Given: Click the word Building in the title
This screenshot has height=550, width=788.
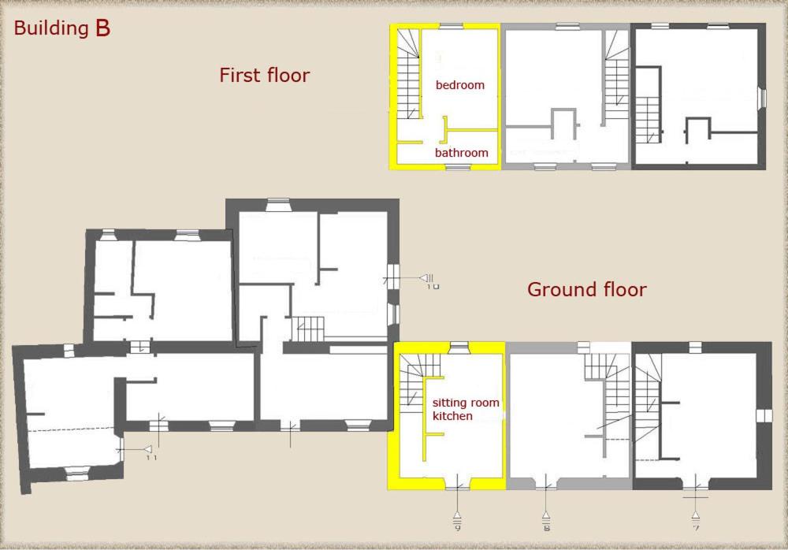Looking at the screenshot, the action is click(51, 28).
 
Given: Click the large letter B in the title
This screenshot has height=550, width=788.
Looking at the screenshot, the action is click(102, 28).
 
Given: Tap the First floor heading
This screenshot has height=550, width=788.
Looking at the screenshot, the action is click(264, 75).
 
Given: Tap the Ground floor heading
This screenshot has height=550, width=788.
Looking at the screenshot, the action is click(587, 290).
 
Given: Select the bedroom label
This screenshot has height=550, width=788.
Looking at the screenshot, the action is click(460, 85).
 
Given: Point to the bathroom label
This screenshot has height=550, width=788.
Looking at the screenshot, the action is click(461, 152).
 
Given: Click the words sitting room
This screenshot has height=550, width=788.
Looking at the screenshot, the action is click(466, 402).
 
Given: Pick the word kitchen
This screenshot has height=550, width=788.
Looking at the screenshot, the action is click(452, 416).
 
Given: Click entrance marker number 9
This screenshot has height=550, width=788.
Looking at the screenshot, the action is click(457, 520).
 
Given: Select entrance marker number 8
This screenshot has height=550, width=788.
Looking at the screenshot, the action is click(546, 520).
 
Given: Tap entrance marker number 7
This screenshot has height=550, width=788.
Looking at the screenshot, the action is click(696, 520).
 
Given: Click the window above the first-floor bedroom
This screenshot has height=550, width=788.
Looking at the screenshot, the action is click(452, 27).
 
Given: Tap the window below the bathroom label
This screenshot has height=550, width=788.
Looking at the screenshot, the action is click(458, 167).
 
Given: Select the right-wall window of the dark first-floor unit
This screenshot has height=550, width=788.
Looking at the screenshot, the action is click(762, 98).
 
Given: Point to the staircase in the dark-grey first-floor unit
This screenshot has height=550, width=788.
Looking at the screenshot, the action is click(649, 120).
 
